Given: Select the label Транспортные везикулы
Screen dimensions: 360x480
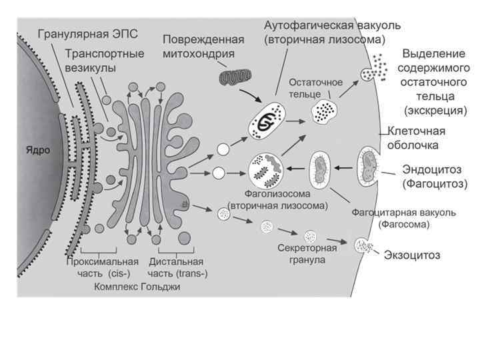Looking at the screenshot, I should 105,60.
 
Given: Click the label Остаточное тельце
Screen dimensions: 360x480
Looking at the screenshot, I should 315,87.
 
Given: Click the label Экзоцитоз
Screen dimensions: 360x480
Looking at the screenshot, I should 411,255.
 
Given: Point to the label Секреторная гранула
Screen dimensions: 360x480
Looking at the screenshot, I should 303,253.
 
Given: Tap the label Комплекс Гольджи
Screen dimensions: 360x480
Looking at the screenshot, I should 137,287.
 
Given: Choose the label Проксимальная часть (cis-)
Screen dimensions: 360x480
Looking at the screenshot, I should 102,267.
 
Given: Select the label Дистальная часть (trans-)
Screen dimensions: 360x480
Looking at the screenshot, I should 176,267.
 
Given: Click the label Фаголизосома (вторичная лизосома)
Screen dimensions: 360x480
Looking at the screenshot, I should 277,200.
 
